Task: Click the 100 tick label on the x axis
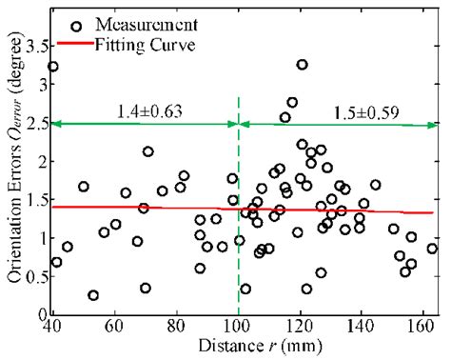click(238, 327)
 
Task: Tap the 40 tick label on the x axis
click(51, 327)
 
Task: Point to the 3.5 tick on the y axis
click(35, 46)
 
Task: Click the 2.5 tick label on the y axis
click(35, 123)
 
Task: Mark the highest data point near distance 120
click(302, 65)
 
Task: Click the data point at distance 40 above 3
click(53, 67)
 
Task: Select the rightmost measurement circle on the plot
click(432, 249)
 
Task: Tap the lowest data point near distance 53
click(93, 295)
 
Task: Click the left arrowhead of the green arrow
click(56, 123)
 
